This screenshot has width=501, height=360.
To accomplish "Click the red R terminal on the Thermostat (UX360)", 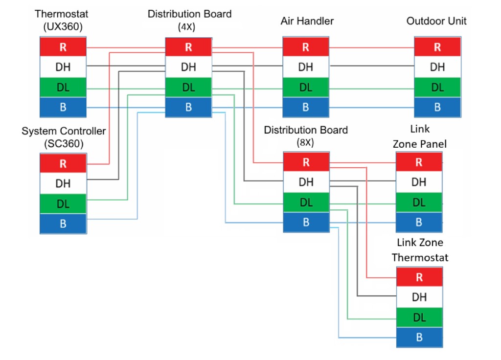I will click(63, 47).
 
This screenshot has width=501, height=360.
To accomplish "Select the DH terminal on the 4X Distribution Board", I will click(188, 67).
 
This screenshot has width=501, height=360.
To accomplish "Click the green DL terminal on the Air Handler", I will click(306, 88).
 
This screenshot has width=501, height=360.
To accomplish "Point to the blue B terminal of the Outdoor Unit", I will click(437, 107).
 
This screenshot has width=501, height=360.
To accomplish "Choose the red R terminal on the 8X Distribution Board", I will click(306, 162).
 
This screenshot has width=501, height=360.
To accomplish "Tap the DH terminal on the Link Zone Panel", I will click(419, 182).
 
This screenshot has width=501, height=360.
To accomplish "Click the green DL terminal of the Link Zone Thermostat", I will click(419, 317).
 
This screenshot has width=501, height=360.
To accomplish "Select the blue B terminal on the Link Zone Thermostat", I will click(419, 337).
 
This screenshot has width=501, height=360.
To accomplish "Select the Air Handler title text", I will click(307, 21).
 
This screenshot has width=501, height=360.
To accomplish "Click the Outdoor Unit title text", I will click(436, 21).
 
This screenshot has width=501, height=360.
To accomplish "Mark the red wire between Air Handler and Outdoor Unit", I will click(372, 48).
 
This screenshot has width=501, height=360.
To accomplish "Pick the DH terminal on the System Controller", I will click(63, 183).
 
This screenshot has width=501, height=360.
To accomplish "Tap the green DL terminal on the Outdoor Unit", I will click(437, 88).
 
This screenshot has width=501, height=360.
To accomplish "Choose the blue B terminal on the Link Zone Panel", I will click(419, 223).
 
